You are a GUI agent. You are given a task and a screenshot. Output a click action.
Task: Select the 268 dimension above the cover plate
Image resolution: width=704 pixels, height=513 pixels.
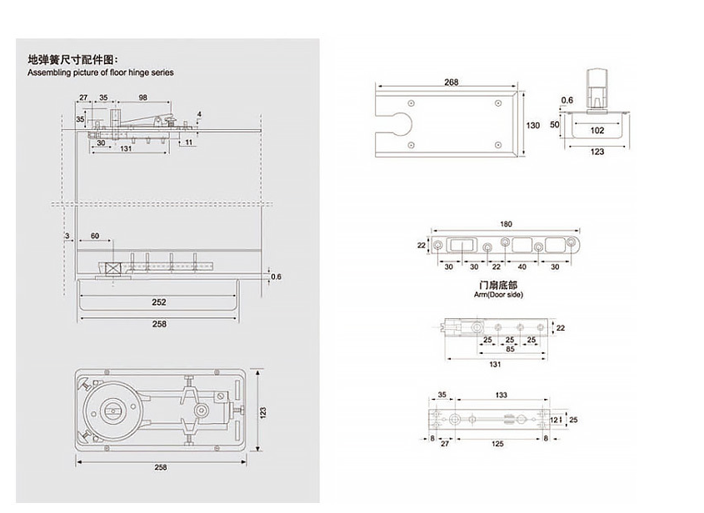(x=452, y=82)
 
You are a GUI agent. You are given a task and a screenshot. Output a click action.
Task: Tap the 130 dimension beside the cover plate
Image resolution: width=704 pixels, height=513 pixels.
(x=533, y=125)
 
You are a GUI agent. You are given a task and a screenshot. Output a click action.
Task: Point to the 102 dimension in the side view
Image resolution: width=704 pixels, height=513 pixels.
(x=597, y=131)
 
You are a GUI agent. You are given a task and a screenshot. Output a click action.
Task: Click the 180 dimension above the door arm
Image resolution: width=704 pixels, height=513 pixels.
(x=506, y=224)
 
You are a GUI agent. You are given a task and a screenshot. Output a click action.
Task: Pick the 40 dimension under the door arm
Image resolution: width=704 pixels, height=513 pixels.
(x=522, y=267)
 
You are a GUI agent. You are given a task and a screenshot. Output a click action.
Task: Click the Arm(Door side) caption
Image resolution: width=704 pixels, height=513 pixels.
(x=498, y=295)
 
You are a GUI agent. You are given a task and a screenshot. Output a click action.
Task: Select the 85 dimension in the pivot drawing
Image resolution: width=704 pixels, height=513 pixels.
(x=510, y=349)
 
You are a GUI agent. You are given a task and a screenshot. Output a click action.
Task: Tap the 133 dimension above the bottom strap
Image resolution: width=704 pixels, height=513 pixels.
(x=501, y=395)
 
